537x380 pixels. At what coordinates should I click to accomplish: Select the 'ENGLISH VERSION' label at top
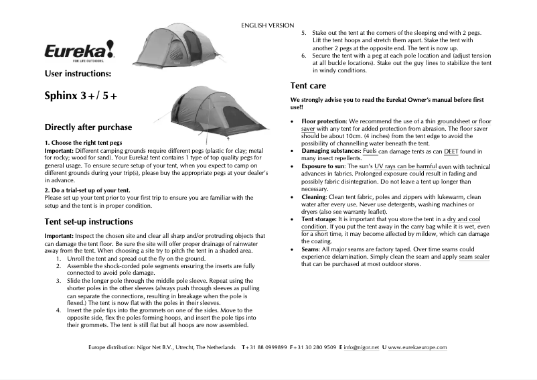click(267, 25)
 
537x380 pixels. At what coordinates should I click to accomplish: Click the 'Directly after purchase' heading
click(88, 127)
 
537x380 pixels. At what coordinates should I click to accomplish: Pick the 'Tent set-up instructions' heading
click(88, 221)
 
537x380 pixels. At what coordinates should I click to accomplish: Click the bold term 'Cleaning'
click(317, 197)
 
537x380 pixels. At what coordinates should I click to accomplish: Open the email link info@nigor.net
click(362, 347)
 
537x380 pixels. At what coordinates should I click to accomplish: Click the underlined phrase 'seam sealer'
click(474, 257)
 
